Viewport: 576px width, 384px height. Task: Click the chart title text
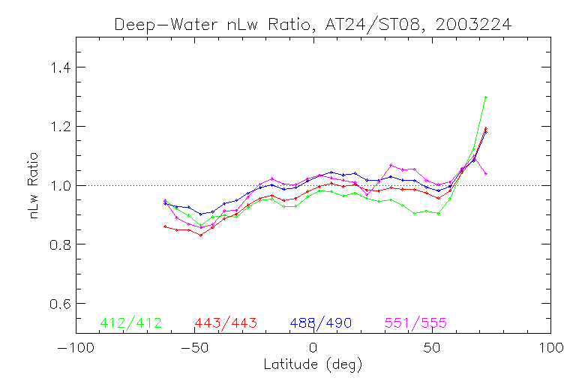tap(313, 24)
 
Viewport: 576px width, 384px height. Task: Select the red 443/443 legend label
tap(226, 323)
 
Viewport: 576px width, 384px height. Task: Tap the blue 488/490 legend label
tap(321, 323)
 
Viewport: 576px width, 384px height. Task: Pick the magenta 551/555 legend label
tap(416, 323)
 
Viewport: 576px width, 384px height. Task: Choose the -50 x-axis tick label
tap(193, 349)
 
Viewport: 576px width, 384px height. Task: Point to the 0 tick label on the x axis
tap(313, 349)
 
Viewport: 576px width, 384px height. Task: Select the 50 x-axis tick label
tap(432, 349)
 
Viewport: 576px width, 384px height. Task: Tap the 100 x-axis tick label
tap(550, 349)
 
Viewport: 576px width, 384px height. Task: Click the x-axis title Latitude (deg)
tap(313, 365)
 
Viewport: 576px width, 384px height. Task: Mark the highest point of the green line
tap(486, 97)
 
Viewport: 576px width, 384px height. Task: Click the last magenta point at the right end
tap(486, 174)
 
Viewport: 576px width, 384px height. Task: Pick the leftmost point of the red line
tap(165, 226)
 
